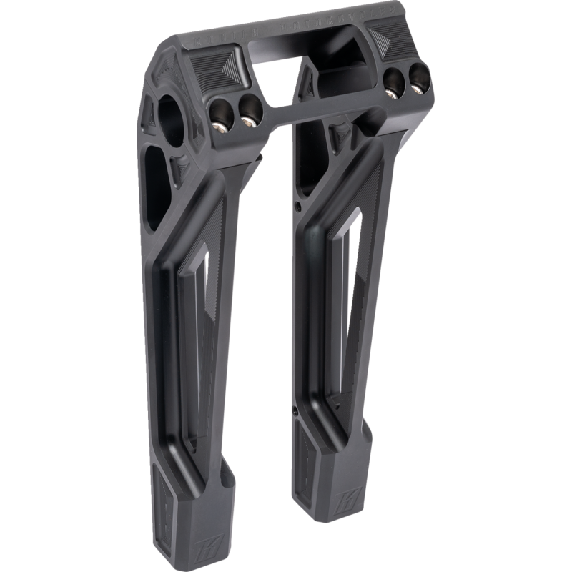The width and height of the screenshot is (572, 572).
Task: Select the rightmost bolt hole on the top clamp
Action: (x=418, y=79)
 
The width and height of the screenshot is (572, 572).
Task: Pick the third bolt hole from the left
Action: (x=392, y=82)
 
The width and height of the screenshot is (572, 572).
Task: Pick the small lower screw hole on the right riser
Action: (x=295, y=410)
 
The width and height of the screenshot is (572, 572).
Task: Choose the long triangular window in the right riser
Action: (x=344, y=300)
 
